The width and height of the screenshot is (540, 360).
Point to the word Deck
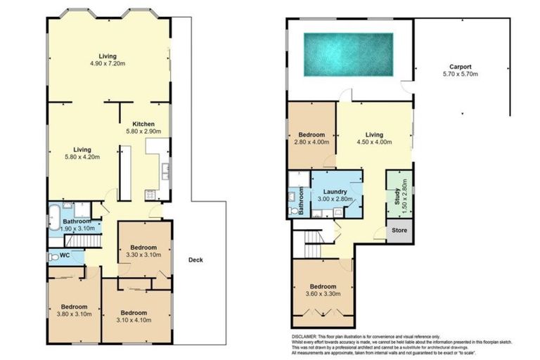click(196, 260)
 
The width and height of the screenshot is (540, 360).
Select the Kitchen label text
click(143, 124)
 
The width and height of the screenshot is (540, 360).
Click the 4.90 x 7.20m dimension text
click(108, 64)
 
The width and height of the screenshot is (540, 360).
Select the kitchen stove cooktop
click(150, 195)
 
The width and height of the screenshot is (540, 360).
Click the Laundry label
click(336, 191)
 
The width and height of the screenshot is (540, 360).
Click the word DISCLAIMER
click(306, 337)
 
